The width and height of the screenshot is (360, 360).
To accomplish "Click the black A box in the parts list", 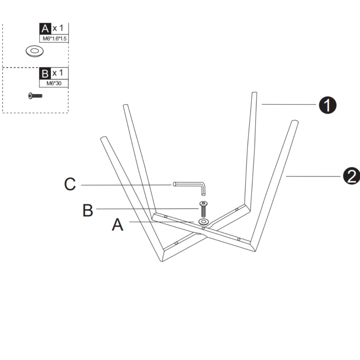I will (x=45, y=28).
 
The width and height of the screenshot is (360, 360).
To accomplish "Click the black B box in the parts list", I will (x=45, y=73).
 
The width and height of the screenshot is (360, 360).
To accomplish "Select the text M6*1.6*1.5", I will (x=54, y=39).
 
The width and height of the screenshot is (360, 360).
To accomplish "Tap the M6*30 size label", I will (x=54, y=84).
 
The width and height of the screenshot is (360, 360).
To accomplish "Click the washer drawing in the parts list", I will (x=34, y=51).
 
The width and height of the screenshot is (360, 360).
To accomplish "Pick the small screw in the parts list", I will (x=35, y=95).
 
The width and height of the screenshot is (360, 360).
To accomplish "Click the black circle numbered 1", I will (x=327, y=105).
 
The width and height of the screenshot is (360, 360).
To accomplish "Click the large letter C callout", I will (x=70, y=184).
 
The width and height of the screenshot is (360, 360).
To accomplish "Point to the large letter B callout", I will (x=88, y=210).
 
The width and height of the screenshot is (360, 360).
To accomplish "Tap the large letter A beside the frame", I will (x=117, y=224).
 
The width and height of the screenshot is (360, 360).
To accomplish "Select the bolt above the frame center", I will (x=203, y=210).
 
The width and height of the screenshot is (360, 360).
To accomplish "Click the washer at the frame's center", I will (x=203, y=221).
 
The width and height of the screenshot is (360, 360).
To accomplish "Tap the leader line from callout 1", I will (x=288, y=104).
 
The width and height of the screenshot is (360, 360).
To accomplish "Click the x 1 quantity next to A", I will (x=58, y=28).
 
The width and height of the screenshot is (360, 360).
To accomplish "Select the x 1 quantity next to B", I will (x=58, y=73).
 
